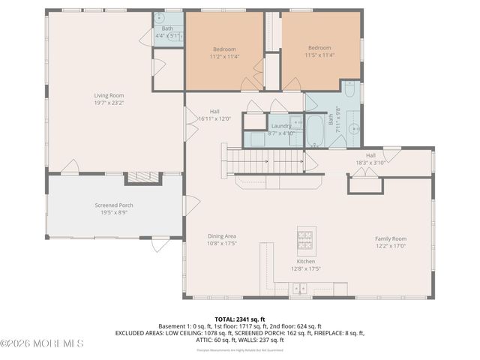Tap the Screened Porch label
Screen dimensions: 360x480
[113, 205]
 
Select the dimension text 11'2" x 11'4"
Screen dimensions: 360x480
[223, 55]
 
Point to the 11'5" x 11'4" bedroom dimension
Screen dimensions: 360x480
[319, 55]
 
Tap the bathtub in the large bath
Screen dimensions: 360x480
[315, 130]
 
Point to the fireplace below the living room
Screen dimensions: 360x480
[142, 178]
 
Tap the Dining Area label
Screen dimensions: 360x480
[222, 236]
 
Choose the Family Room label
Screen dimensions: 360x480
[391, 239]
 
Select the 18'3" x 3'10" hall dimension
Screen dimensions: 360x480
[370, 162]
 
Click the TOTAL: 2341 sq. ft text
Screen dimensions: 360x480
[240, 319]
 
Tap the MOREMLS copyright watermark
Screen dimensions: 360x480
[42, 343]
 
